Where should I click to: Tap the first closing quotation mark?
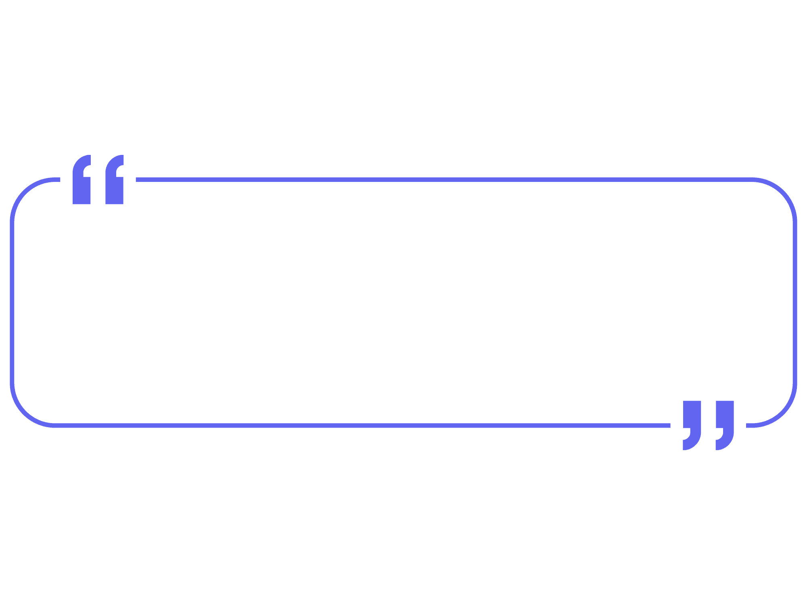coord(692,423)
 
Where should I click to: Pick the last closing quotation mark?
coord(725,423)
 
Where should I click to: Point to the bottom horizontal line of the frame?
coord(363,426)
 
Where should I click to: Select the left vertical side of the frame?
coord(12,302)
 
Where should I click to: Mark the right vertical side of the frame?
coord(795,302)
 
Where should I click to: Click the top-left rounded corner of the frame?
coord(24,192)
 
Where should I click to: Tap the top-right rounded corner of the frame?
coord(783,192)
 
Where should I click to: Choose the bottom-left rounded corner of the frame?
coord(24,413)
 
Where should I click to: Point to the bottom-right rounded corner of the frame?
coord(783,413)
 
